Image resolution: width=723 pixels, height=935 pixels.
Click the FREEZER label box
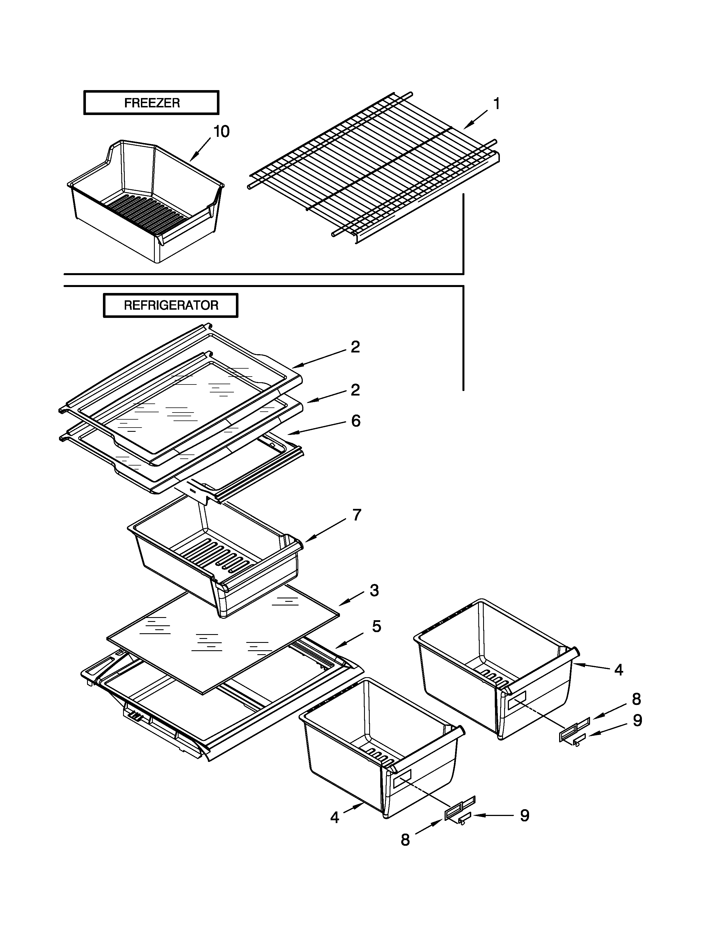pos(151,103)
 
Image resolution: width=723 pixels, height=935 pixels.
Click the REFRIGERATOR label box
pos(170,305)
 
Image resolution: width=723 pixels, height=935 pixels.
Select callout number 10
pos(221,131)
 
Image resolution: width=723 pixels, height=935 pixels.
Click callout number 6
pos(356,421)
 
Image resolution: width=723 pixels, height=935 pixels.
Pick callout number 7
pos(357,515)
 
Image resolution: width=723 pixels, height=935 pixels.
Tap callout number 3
pos(374,590)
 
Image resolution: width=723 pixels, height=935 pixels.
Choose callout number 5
pos(376,626)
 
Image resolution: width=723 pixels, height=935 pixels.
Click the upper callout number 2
pos(355,347)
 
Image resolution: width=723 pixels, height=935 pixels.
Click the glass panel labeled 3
pos(223,642)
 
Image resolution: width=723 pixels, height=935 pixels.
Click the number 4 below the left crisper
pos(335,818)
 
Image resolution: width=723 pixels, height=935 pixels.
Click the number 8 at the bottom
pos(405,840)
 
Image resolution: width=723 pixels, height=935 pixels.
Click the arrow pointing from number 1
pos(475,120)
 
